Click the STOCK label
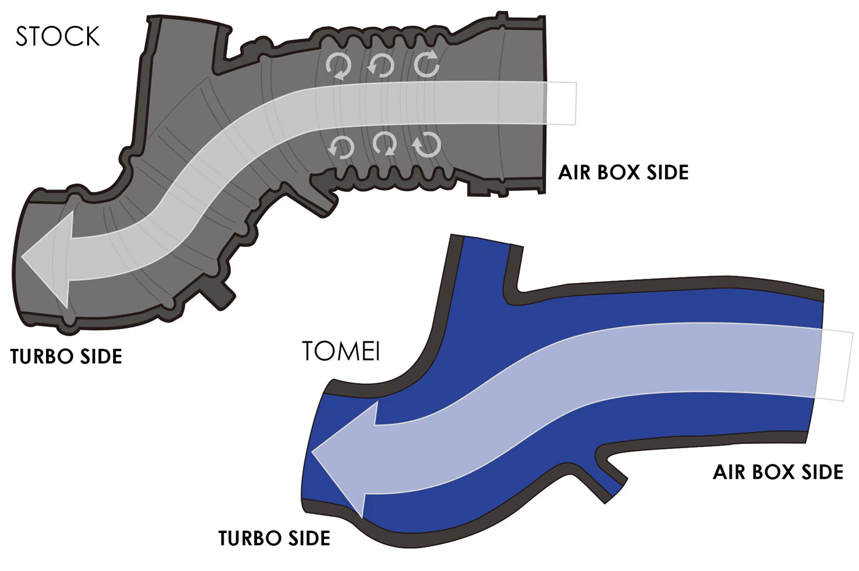tap(58, 36)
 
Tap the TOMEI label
tap(341, 351)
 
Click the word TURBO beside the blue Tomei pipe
tap(250, 538)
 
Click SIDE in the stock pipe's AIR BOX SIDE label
tap(668, 173)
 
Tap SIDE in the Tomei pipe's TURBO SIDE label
tap(309, 538)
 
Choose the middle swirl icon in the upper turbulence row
tap(380, 66)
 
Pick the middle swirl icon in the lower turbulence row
tap(385, 144)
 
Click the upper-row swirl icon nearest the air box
tap(427, 64)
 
